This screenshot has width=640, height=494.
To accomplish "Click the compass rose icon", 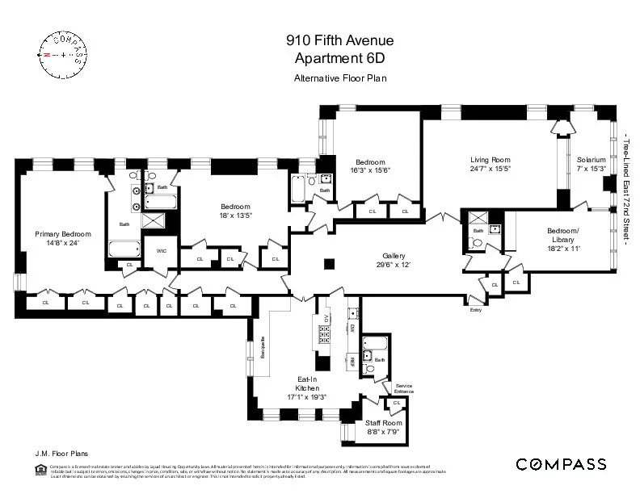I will pos(59,53).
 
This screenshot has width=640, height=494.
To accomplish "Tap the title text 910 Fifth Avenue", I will pos(326,39).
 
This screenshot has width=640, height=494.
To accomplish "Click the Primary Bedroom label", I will pos(57,234).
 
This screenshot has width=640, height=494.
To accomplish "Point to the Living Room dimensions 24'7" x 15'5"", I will pos(491,169).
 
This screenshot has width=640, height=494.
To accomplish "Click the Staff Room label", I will pos(383,423).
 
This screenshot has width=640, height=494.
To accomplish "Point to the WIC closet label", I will pos(161,250).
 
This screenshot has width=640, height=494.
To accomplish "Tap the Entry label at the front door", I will pos(475,309).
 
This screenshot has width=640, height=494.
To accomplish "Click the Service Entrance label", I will pos(403,388).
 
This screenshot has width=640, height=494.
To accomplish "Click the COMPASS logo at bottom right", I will pos(561,463).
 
